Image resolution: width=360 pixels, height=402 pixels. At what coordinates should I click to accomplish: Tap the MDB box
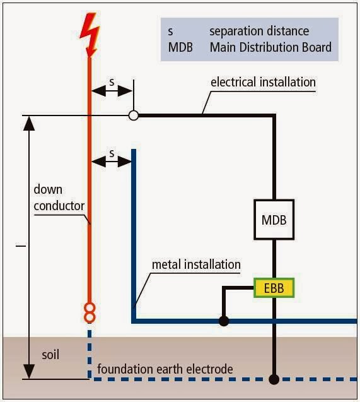(x=274, y=220)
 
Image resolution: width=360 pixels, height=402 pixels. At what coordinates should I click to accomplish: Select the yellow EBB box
(x=274, y=288)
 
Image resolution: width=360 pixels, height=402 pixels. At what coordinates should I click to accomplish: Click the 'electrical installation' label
(x=263, y=82)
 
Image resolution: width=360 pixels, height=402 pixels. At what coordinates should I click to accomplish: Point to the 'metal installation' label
(x=196, y=264)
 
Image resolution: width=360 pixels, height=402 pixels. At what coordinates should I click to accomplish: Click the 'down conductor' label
(x=59, y=197)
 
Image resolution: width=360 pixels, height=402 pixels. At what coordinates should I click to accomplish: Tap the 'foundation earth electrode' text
(x=165, y=369)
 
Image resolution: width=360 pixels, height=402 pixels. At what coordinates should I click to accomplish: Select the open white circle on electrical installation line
(x=133, y=115)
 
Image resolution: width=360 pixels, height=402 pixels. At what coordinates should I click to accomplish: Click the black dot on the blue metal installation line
(x=223, y=321)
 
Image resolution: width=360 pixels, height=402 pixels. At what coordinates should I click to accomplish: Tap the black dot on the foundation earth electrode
(x=274, y=379)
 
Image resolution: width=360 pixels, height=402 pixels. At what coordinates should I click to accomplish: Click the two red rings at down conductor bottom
(x=90, y=312)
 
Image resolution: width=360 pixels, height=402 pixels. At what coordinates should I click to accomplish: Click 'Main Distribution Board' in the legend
(x=270, y=47)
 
